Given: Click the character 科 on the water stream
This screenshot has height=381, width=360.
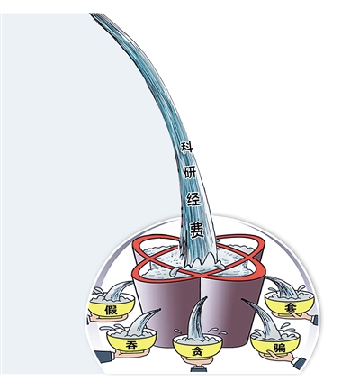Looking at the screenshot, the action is point(187,148).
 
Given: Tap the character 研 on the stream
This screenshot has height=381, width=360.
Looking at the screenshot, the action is point(190,172).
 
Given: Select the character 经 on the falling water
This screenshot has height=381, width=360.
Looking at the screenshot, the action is point(193,199).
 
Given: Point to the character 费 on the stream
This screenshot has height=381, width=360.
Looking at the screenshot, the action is point(196,230).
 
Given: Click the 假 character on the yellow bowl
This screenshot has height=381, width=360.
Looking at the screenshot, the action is point(111,309).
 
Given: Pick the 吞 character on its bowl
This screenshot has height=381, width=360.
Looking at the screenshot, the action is point(131,345).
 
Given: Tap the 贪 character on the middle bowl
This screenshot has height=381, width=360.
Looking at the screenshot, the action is point(198,351).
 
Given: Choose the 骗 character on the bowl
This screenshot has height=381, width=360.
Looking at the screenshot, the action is point(279,348).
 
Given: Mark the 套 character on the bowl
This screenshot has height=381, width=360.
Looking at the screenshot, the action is point(290,308).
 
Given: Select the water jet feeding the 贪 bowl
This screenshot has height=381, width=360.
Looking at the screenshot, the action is point(196,318).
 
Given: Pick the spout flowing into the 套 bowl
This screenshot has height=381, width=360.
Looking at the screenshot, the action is point(281,286).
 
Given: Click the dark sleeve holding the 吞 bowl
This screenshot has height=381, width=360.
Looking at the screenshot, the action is point(104,357).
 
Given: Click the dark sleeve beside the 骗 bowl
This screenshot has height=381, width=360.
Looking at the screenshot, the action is point(299,362).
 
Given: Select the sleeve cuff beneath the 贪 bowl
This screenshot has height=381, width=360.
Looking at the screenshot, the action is point(198,368).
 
